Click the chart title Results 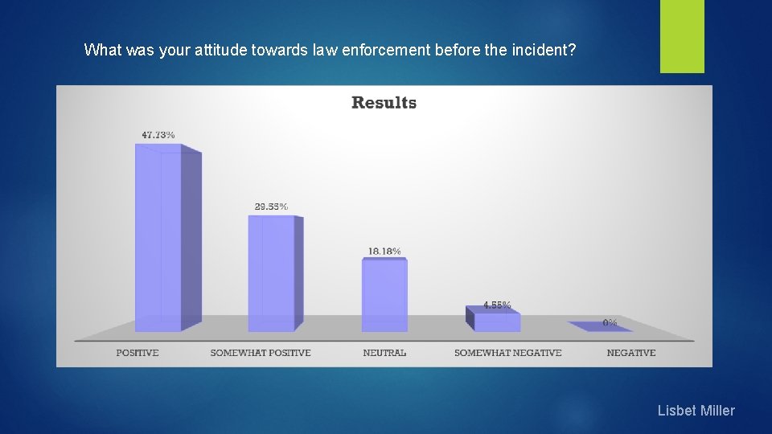tap(384, 103)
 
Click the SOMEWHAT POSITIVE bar tap(272, 273)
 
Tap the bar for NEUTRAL tap(384, 295)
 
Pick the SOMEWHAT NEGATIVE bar tap(496, 321)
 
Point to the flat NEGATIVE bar tap(600, 327)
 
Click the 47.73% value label tap(158, 135)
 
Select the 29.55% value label tap(271, 207)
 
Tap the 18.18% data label tap(384, 251)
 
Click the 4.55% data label tap(497, 305)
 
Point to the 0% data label tap(610, 322)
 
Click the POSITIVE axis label tap(138, 353)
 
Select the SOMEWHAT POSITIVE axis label tap(261, 353)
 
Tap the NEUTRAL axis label tap(384, 353)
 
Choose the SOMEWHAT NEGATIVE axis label tap(507, 353)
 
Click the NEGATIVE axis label tap(631, 353)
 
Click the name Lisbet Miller tap(696, 411)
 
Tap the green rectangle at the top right tap(682, 36)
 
